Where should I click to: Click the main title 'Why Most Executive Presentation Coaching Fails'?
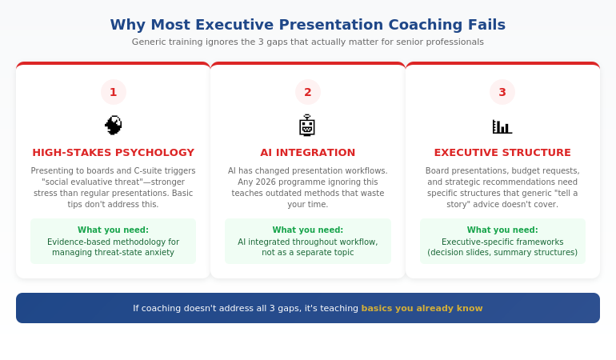[x=307, y=25]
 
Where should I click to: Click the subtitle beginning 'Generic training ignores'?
[x=307, y=42]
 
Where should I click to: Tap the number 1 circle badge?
[x=113, y=92]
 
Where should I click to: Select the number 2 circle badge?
[x=307, y=92]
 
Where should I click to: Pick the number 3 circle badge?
[x=502, y=92]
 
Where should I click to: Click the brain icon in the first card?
[x=113, y=126]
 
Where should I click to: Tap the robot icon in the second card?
[x=307, y=126]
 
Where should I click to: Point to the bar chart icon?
[x=502, y=126]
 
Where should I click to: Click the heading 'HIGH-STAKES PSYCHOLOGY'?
[x=113, y=153]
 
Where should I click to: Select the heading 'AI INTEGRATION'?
[x=307, y=153]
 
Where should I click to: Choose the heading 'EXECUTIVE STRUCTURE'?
[x=502, y=153]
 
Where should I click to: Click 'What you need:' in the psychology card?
[x=113, y=230]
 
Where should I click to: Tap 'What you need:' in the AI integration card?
[x=307, y=230]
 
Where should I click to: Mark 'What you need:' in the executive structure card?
[x=502, y=230]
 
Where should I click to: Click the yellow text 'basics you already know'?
[x=422, y=308]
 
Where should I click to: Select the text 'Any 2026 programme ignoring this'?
[x=307, y=182]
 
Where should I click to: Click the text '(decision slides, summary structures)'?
[x=502, y=252]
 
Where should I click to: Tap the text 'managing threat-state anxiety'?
[x=113, y=252]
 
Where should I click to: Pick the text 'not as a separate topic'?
[x=307, y=252]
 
